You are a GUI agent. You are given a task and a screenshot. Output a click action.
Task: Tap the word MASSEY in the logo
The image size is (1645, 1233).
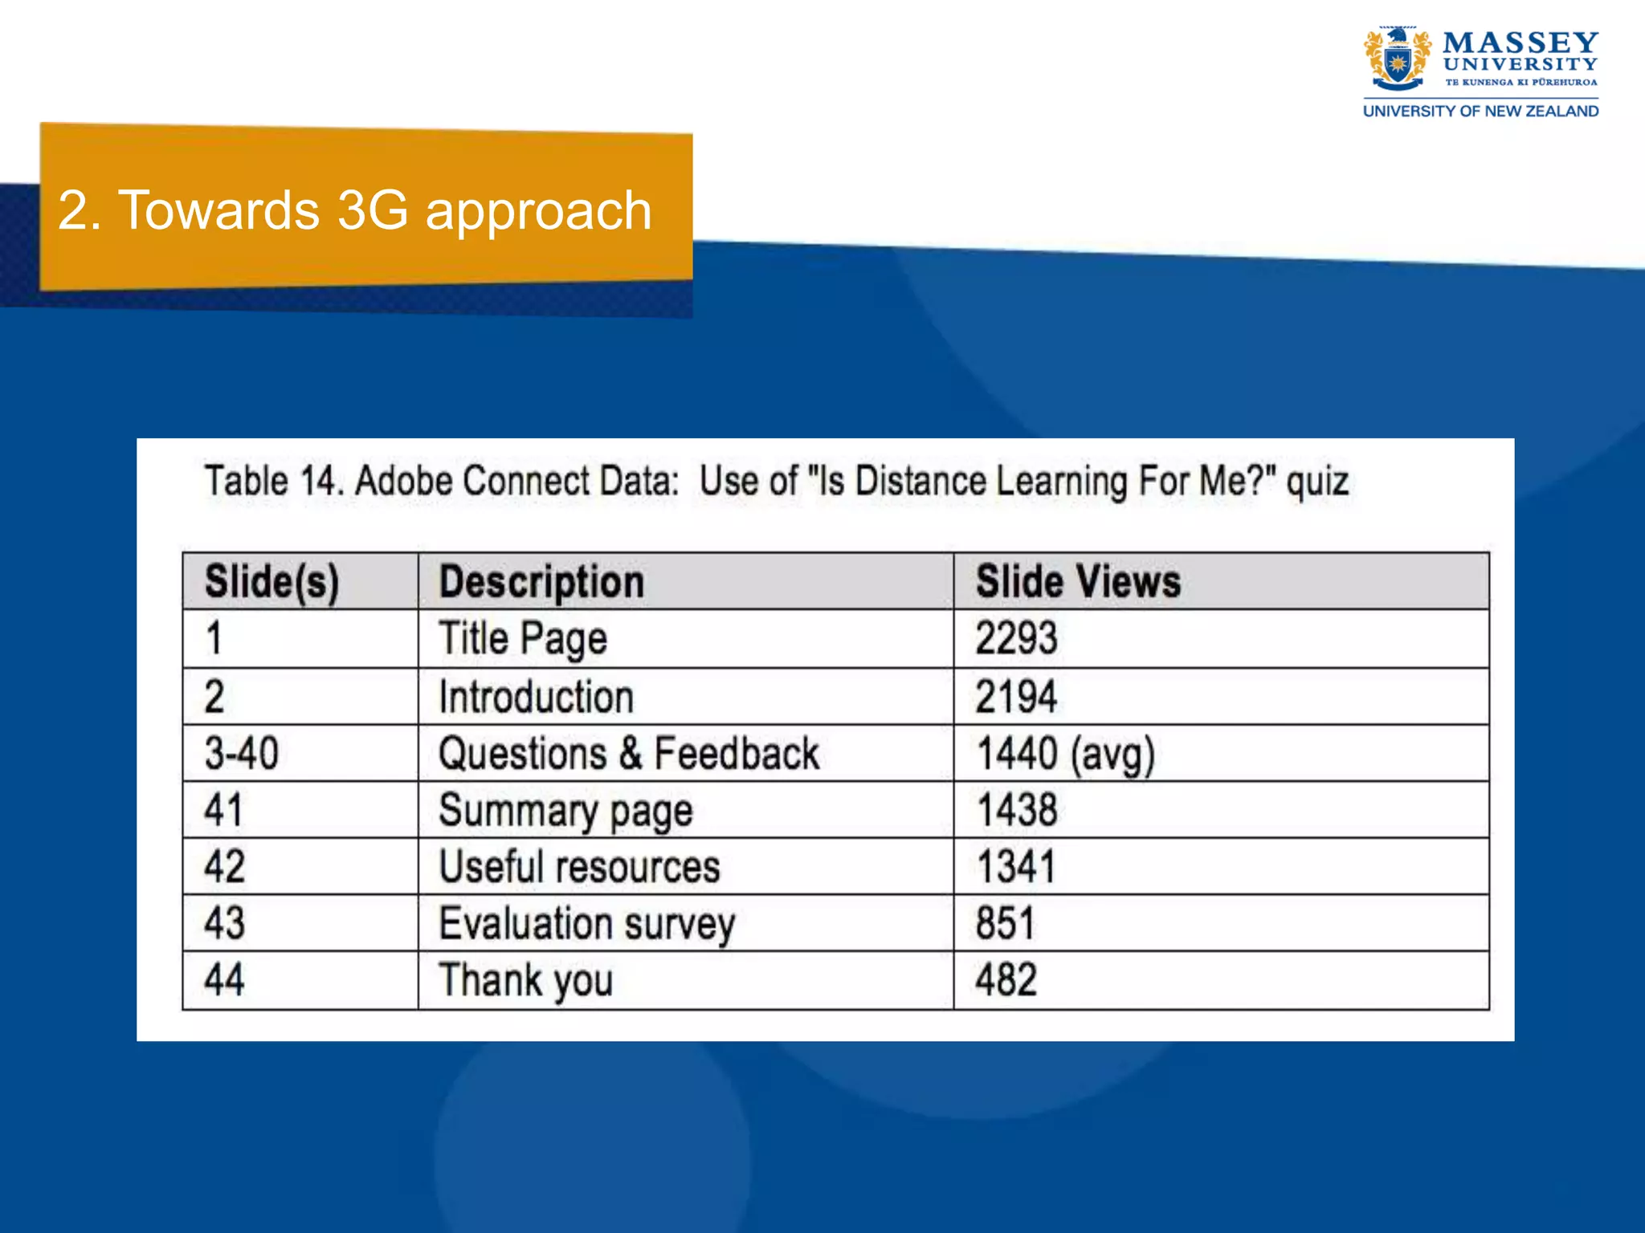click(1520, 43)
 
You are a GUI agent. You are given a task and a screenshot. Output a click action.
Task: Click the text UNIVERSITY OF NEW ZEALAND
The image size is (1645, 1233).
click(1480, 112)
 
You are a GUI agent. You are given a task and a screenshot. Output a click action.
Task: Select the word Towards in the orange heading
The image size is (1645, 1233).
click(218, 210)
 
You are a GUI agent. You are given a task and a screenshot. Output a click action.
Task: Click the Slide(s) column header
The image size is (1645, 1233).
click(271, 582)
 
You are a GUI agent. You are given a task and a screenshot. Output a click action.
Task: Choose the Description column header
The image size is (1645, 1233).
click(541, 582)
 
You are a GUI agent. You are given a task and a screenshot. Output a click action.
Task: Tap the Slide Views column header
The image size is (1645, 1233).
click(1078, 582)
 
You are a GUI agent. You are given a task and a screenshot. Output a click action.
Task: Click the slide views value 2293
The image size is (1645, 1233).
click(1016, 639)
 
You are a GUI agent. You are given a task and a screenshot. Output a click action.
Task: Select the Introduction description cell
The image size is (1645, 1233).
click(536, 697)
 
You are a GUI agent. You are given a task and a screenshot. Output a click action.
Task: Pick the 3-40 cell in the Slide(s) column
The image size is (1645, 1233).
click(241, 754)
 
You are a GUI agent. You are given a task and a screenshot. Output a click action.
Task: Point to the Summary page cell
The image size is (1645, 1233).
click(565, 811)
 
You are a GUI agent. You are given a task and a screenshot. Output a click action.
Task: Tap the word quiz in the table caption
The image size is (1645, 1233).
click(1317, 482)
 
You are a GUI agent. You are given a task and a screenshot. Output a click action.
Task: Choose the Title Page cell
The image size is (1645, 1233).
click(523, 639)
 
